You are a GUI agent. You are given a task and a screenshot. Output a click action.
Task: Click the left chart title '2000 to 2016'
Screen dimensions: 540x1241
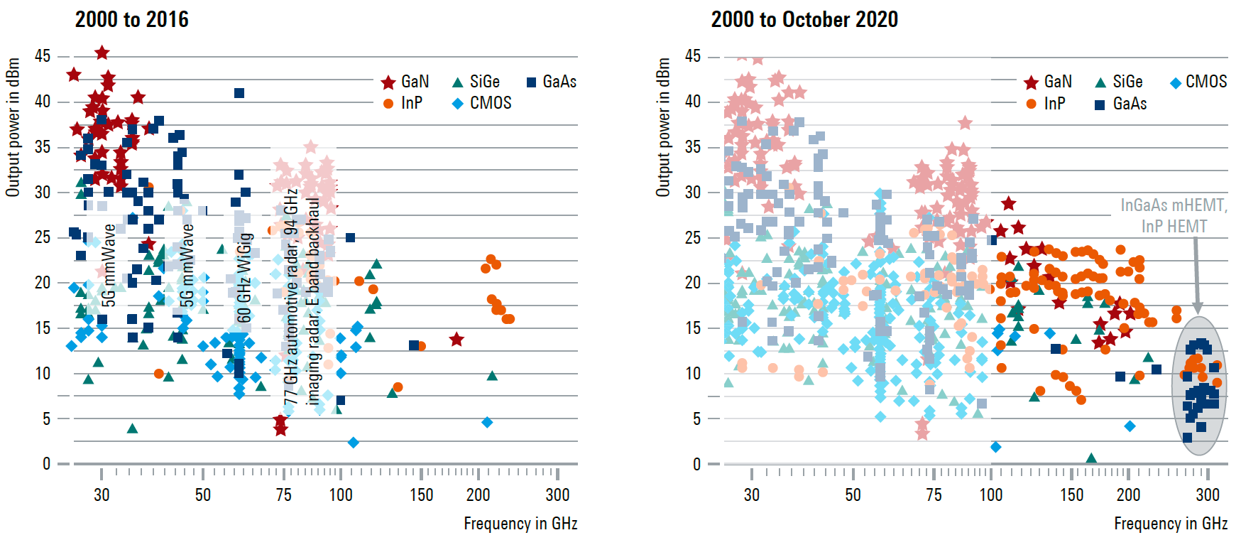132,19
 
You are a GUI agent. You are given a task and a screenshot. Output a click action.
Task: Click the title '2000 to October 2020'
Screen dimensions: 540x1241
804,19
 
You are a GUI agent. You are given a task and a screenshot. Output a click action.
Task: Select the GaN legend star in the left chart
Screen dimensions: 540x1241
388,82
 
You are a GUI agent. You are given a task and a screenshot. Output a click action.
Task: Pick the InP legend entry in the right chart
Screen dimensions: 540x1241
1032,104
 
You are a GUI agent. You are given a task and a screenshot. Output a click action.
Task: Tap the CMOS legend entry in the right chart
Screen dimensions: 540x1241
1176,82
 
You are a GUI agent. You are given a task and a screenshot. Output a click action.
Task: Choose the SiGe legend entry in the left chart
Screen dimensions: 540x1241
458,82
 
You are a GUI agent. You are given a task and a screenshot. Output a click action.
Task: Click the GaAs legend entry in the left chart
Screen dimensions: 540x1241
531,82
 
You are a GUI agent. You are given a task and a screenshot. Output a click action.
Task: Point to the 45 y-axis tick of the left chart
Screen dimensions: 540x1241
43,55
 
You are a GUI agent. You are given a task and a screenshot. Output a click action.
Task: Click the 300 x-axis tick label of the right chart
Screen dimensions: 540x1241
1208,495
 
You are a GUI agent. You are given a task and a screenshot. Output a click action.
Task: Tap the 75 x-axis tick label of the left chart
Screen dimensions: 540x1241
283,495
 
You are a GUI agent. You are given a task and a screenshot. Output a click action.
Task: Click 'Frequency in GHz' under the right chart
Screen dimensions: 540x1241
1171,524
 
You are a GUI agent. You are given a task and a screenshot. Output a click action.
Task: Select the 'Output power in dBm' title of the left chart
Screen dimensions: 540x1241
13,128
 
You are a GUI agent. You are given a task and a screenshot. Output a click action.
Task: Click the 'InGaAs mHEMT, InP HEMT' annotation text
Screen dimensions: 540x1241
1174,215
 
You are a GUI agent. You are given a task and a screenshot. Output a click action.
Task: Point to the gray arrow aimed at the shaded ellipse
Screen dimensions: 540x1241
1196,277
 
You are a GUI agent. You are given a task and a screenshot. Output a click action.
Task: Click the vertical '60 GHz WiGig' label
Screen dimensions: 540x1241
245,277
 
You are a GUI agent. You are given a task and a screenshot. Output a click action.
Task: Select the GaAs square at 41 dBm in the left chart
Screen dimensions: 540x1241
239,93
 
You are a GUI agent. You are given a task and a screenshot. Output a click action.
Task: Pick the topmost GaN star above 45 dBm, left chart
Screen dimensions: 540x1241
102,53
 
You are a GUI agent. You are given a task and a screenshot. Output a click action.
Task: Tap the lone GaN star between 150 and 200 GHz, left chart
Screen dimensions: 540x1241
457,340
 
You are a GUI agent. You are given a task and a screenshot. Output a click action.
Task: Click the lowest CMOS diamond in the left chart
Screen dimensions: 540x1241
353,443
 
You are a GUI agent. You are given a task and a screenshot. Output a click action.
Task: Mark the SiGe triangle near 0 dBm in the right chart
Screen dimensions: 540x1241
1091,458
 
